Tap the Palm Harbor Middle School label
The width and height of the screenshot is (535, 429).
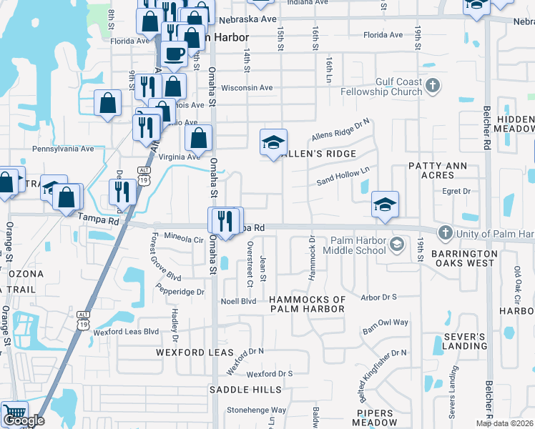coord(355,246)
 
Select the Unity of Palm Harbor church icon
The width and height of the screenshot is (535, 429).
coord(445,233)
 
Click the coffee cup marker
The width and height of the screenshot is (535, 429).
coord(174,54)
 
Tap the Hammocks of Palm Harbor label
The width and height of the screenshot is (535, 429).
coord(307,304)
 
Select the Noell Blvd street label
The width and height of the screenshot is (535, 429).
coord(239,301)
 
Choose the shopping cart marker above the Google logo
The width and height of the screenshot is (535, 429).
coord(13,413)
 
